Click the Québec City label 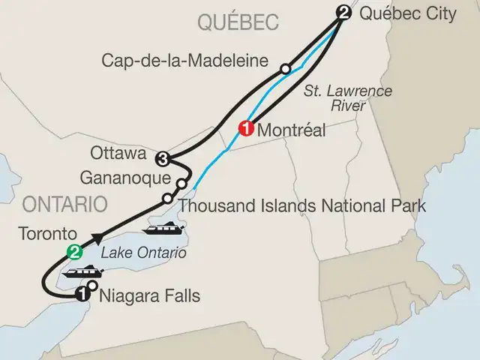(x=408, y=13)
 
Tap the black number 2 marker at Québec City (x=343, y=13)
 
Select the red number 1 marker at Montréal (x=245, y=128)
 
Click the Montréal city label (x=291, y=130)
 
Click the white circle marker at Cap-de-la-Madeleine (x=285, y=69)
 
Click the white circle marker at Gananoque (x=181, y=184)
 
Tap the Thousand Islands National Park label (x=302, y=205)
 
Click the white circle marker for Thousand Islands (x=167, y=199)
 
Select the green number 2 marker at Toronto (x=73, y=251)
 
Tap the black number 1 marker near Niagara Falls (x=82, y=296)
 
